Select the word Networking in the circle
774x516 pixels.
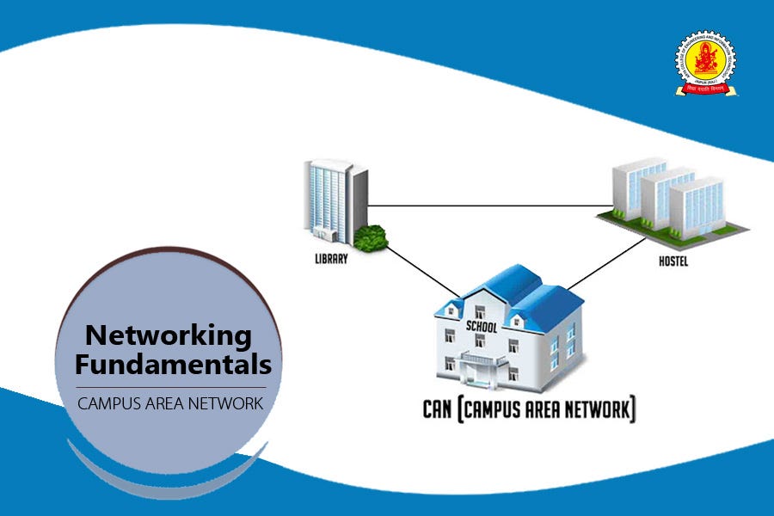click(x=169, y=335)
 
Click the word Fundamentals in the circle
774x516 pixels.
click(x=173, y=364)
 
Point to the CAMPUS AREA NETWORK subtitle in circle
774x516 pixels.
click(x=169, y=403)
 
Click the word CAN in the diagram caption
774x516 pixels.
click(x=439, y=409)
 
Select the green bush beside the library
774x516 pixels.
click(x=370, y=237)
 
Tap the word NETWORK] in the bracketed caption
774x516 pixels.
click(x=597, y=409)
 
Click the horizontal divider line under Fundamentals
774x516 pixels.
click(x=169, y=387)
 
